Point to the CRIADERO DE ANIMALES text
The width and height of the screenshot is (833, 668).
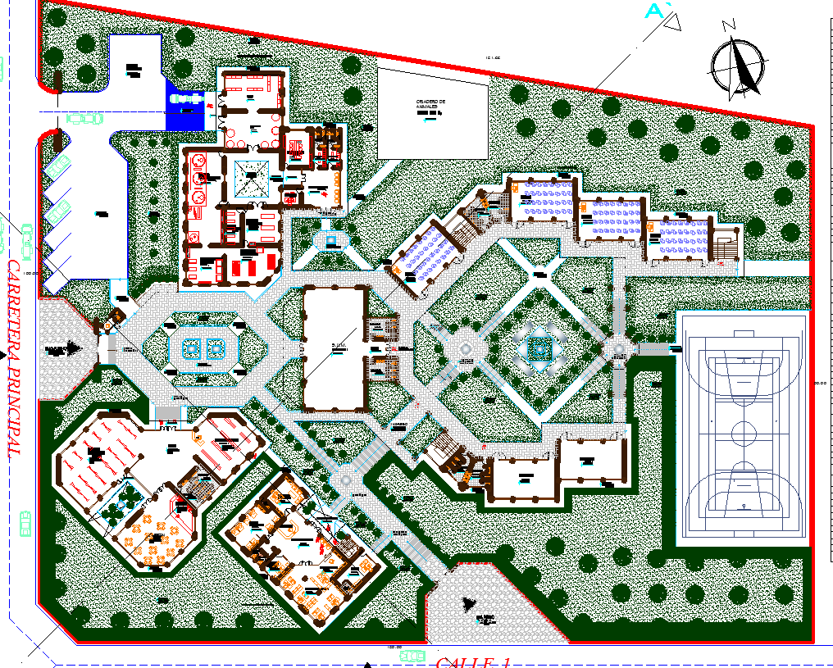point(430,105)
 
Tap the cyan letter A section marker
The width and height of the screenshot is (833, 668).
point(654,11)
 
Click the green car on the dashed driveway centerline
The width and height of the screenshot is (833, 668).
point(85,118)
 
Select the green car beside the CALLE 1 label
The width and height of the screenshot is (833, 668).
point(412,656)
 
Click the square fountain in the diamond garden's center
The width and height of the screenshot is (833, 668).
point(538,350)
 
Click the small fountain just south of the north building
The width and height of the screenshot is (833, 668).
point(331,240)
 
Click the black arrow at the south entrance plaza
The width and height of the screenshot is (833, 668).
point(471,605)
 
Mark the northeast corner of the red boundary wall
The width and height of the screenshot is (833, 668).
point(813,125)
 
